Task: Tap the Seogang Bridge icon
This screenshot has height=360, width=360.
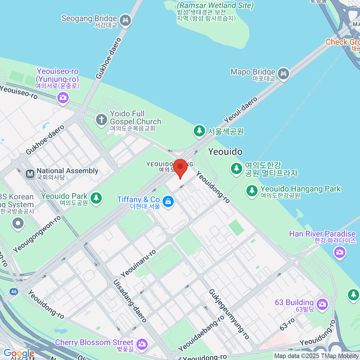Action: coord(125,20)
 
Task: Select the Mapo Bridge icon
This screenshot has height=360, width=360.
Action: coord(283,73)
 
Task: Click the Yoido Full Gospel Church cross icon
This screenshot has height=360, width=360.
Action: coord(101,120)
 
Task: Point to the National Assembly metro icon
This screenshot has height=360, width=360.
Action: coord(30,174)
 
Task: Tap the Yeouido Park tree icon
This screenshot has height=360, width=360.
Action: coord(96,198)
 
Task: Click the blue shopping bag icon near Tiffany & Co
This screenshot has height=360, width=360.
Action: coord(168,201)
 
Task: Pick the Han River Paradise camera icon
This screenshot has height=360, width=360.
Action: coord(340,252)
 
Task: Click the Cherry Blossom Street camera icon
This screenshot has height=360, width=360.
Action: coord(142,344)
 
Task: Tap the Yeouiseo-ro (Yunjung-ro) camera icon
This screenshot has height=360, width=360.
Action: coord(63,97)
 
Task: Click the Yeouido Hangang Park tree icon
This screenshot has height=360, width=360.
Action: coord(252,191)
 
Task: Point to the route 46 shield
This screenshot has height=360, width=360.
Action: coord(13,292)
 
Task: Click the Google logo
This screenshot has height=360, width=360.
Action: coord(19,353)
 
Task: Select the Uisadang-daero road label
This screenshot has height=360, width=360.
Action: coord(130,301)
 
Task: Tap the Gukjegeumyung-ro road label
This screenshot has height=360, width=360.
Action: coord(229,314)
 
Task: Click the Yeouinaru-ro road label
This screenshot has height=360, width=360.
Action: coord(138,263)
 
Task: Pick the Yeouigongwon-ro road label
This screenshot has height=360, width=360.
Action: coord(37,234)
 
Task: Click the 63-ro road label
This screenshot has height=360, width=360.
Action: coord(287,324)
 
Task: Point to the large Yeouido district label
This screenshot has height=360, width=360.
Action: coord(225,151)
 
